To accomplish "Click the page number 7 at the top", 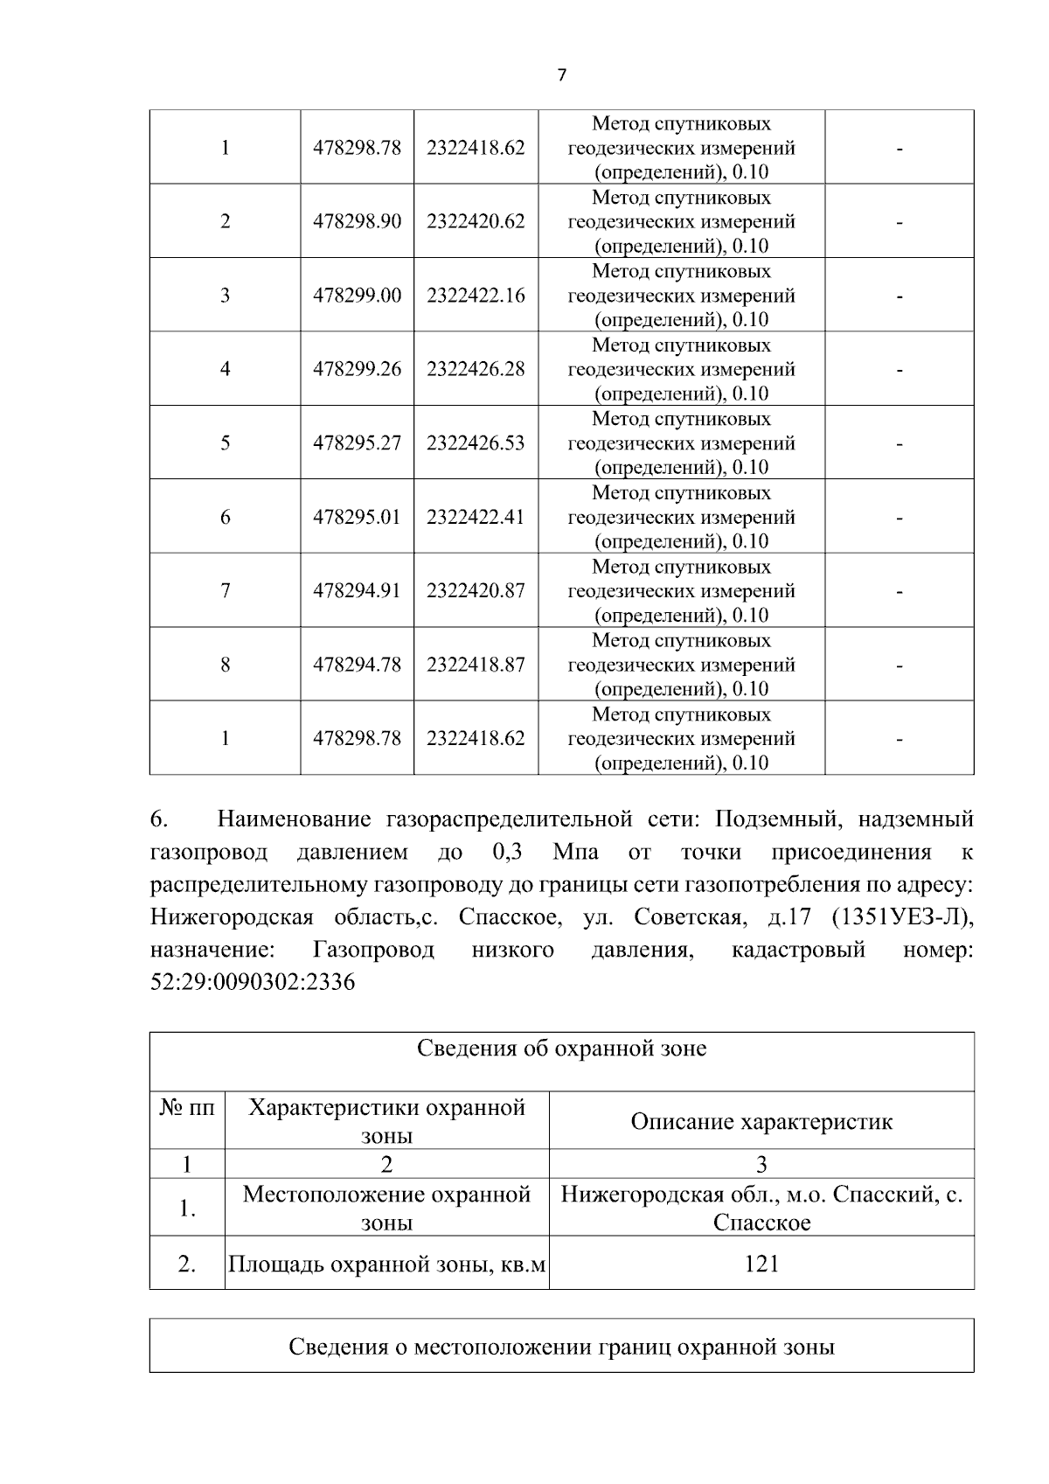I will pyautogui.click(x=561, y=75).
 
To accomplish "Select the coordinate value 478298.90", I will pyautogui.click(x=357, y=221).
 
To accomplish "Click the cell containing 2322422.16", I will pyautogui.click(x=476, y=296).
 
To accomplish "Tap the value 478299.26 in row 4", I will pyautogui.click(x=357, y=369).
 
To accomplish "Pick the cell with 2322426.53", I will pyautogui.click(x=476, y=443).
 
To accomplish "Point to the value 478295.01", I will pyautogui.click(x=357, y=517).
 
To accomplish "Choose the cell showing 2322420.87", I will pyautogui.click(x=476, y=591).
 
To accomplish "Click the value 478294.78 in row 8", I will pyautogui.click(x=357, y=665).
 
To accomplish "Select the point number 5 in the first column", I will pyautogui.click(x=225, y=443).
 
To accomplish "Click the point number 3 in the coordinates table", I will pyautogui.click(x=225, y=296).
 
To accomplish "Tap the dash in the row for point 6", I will pyautogui.click(x=899, y=518).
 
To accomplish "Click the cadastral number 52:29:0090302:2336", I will pyautogui.click(x=253, y=982).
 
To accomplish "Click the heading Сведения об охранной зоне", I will pyautogui.click(x=561, y=1048).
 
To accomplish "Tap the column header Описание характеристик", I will pyautogui.click(x=761, y=1121).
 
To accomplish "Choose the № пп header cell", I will pyautogui.click(x=187, y=1109).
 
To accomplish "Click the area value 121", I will pyautogui.click(x=761, y=1264).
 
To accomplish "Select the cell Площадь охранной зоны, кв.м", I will pyautogui.click(x=386, y=1264).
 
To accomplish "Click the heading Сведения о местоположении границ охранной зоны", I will pyautogui.click(x=561, y=1347).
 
